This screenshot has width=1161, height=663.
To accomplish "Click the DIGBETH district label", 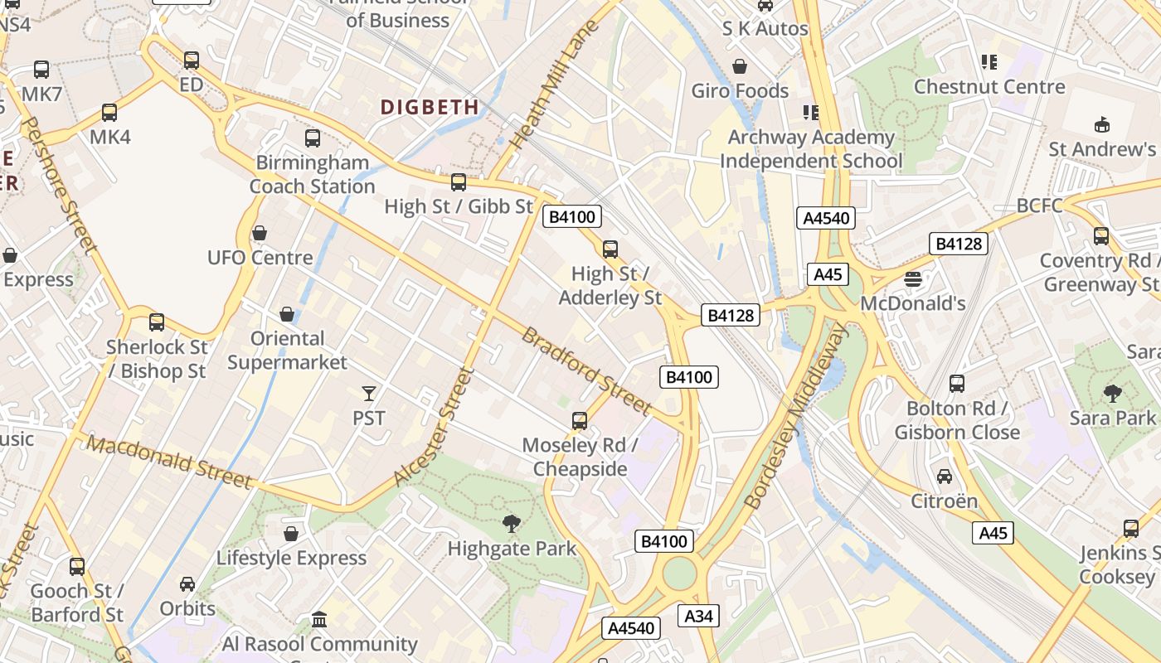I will [x=430, y=107].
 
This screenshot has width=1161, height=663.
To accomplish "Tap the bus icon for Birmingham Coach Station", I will [x=313, y=138].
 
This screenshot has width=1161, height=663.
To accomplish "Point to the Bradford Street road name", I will [x=585, y=370].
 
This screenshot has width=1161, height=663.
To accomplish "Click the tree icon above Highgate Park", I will [x=512, y=523].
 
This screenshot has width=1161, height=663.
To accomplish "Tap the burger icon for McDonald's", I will [x=913, y=279].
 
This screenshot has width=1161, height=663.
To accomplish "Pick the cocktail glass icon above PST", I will [x=369, y=393].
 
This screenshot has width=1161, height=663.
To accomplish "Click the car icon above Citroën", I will [x=945, y=477].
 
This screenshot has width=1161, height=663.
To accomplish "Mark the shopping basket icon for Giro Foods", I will [x=740, y=66].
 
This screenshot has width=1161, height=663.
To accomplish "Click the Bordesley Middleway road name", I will [x=797, y=417].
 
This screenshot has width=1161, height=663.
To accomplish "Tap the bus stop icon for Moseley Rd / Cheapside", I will [x=580, y=421].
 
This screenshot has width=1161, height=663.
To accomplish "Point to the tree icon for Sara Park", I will [x=1112, y=393].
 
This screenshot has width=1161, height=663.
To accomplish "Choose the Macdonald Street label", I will [x=169, y=462].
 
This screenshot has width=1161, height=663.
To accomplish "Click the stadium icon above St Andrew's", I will [x=1101, y=125].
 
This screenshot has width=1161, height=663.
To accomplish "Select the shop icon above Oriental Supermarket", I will [x=287, y=314].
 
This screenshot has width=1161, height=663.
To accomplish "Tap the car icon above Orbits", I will [x=187, y=584].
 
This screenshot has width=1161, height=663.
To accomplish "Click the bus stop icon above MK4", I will [x=109, y=113].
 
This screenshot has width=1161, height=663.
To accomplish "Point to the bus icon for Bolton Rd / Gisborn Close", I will [x=957, y=384].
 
